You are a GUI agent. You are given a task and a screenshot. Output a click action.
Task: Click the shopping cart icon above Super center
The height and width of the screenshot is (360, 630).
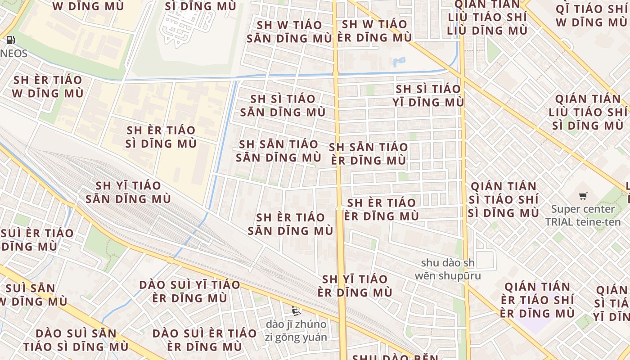583,196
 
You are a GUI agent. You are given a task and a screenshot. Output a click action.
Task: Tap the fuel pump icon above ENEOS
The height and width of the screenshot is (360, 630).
10,40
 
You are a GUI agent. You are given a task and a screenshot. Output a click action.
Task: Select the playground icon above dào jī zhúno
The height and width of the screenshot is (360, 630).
296,310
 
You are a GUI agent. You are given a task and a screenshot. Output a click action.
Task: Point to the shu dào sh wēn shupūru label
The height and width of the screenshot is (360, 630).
450,269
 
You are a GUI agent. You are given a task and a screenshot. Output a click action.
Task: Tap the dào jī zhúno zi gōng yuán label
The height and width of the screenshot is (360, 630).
296,330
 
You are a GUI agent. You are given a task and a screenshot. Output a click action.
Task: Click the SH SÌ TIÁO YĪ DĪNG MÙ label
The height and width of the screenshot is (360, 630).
428,95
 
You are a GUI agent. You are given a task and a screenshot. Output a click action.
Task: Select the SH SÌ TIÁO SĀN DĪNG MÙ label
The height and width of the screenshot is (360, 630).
283,105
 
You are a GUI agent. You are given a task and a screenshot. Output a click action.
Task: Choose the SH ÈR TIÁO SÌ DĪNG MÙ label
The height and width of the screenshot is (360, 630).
161,137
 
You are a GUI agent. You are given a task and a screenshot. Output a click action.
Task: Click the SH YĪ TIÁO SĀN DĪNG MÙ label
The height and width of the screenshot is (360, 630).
128,192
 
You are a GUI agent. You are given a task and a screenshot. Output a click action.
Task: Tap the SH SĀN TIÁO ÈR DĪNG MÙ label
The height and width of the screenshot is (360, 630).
369,153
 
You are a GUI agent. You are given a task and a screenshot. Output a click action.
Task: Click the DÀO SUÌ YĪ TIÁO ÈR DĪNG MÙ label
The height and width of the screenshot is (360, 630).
189,291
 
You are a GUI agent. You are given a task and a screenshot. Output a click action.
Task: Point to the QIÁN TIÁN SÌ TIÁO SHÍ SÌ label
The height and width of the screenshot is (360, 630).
503,199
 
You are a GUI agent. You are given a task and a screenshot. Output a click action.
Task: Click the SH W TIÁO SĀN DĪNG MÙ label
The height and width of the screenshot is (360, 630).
289,31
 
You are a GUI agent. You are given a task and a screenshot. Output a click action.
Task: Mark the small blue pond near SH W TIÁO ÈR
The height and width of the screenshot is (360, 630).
399,61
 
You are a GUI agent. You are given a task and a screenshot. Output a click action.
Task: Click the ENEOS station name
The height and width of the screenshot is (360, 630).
13,54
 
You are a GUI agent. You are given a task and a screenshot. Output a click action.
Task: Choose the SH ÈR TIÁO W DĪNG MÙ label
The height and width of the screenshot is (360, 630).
48,87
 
